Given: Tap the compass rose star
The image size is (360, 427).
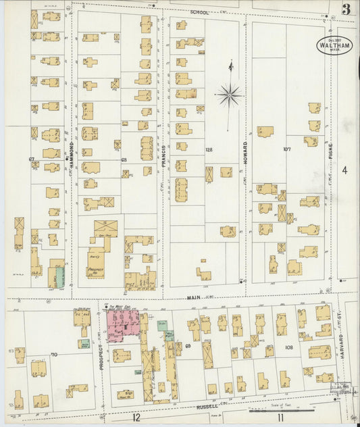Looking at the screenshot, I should pyautogui.click(x=229, y=95).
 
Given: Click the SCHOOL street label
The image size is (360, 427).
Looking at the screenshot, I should pyautogui.click(x=200, y=12).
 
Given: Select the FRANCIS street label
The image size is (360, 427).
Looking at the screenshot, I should pyautogui.click(x=164, y=157).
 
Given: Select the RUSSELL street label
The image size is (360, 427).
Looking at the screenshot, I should pyautogui.click(x=209, y=406).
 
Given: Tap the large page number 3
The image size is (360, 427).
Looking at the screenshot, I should pyautogui.click(x=345, y=9).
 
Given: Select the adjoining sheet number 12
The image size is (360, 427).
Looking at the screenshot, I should pyautogui.click(x=136, y=418).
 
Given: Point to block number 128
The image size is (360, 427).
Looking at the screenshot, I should pyautogui.click(x=209, y=149).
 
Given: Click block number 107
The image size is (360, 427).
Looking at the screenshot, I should pyautogui.click(x=286, y=149).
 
